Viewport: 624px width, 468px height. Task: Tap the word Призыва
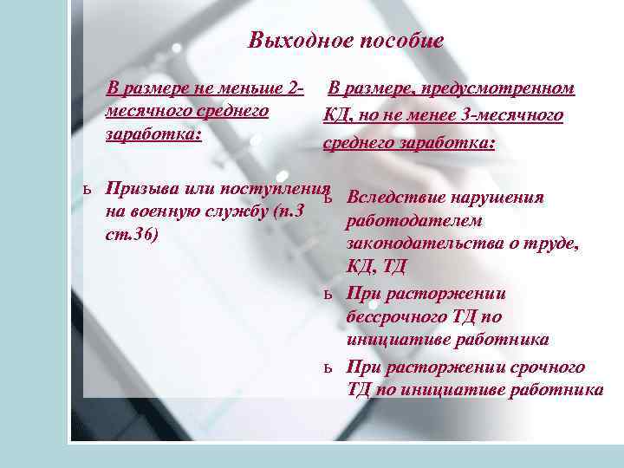pyautogui.click(x=142, y=190)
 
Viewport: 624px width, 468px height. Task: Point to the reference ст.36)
pyautogui.click(x=130, y=235)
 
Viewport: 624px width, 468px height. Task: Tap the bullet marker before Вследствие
pyautogui.click(x=328, y=198)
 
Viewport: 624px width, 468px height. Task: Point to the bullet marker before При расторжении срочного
pyautogui.click(x=328, y=367)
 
